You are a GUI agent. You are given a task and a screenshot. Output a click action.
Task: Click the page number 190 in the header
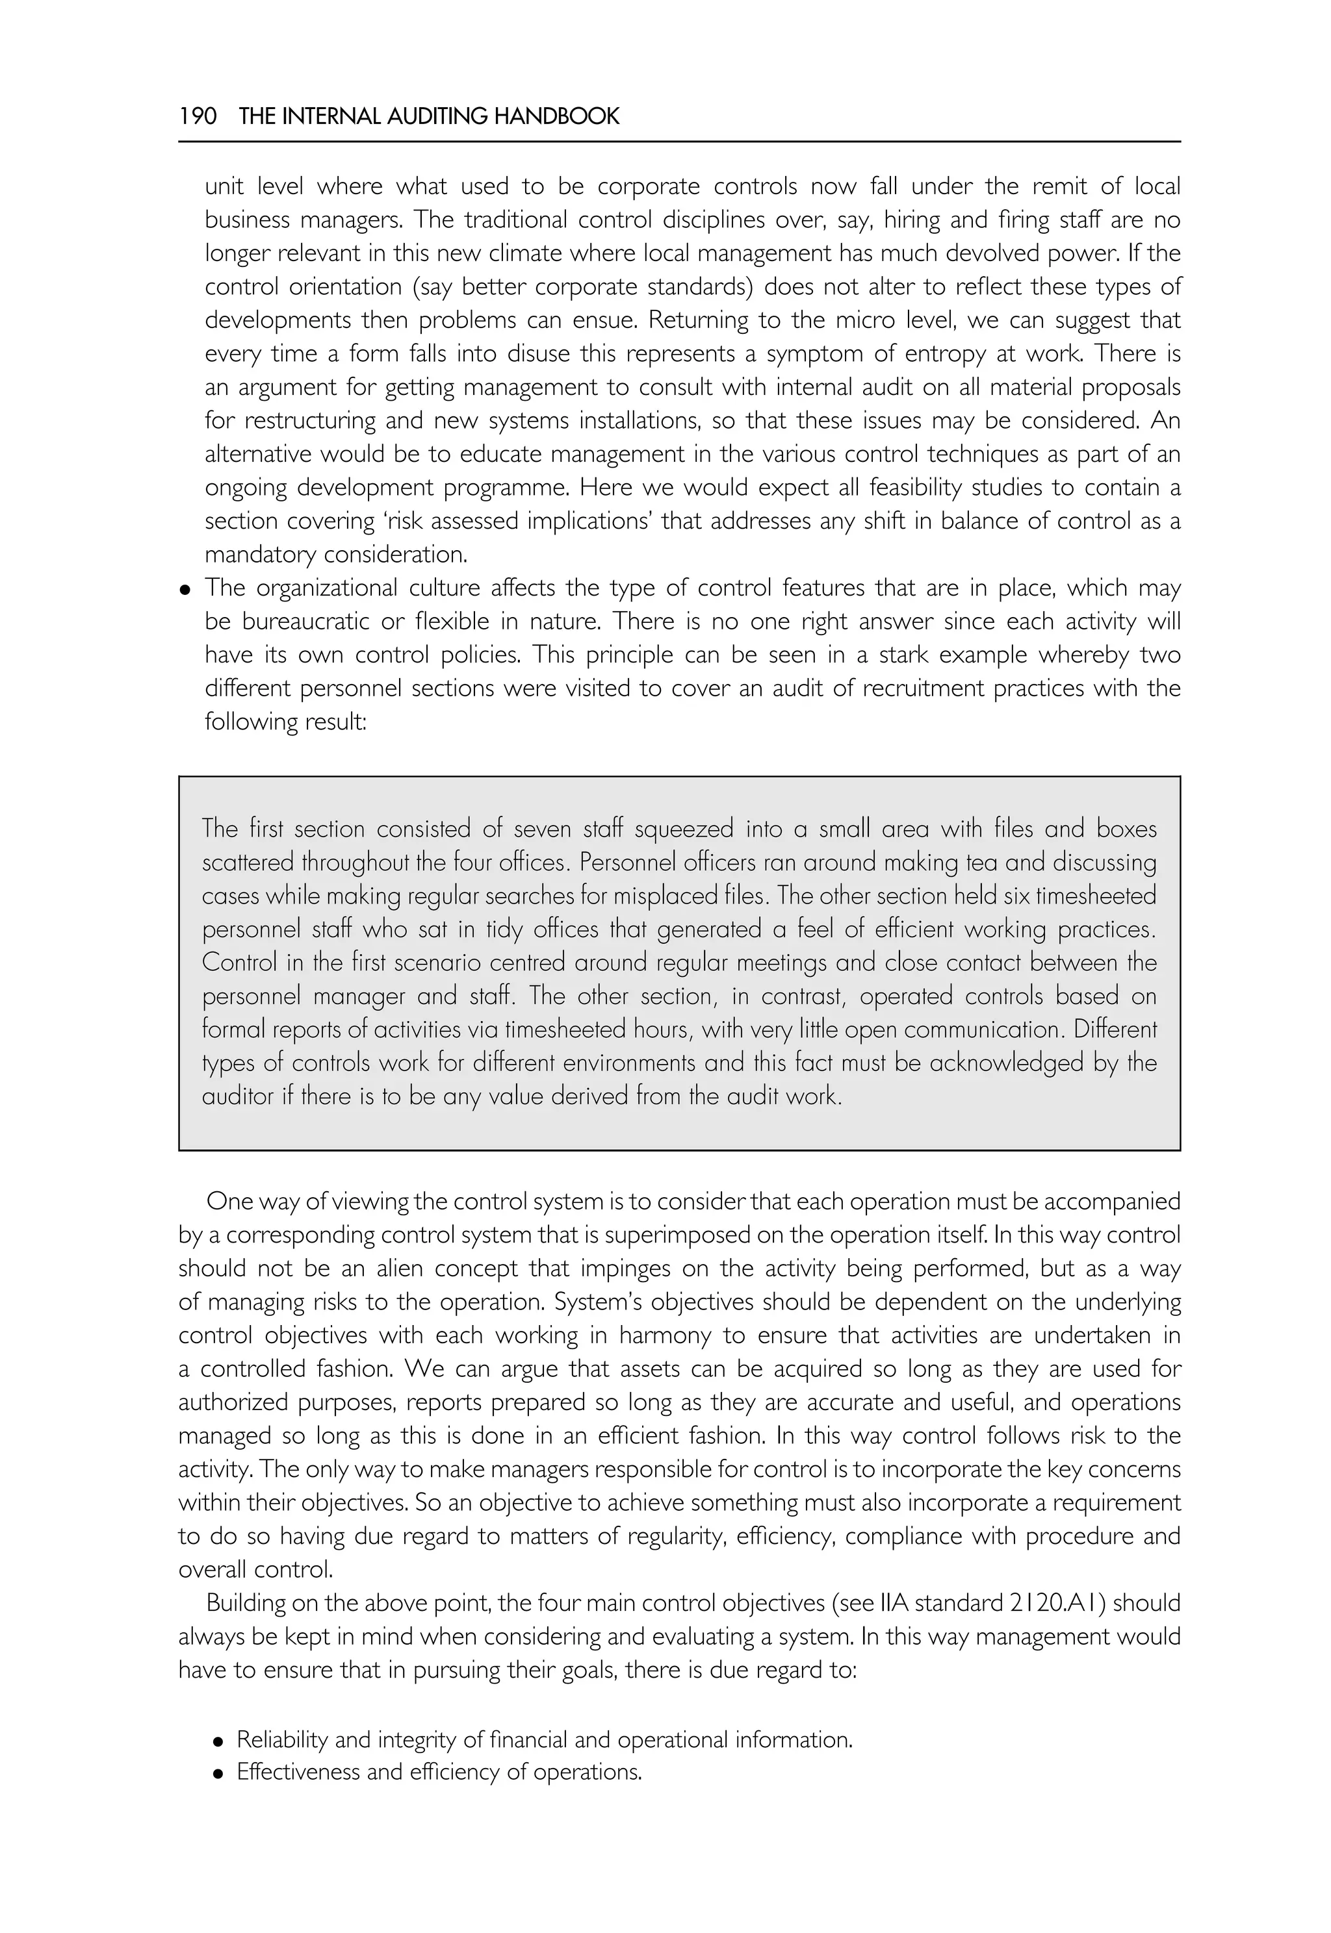pyautogui.click(x=198, y=116)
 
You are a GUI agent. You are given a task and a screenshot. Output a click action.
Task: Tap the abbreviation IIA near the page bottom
pyautogui.click(x=895, y=1603)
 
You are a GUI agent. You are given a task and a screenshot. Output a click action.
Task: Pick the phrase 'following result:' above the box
pyautogui.click(x=285, y=721)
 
